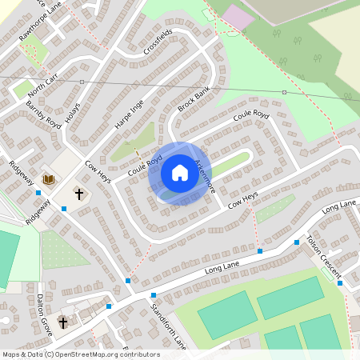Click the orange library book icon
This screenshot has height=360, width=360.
48,179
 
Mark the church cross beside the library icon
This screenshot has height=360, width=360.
79,194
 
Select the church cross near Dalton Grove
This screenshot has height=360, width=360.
62,322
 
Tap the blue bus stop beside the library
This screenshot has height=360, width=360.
38,192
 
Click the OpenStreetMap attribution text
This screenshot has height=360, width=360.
81,354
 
